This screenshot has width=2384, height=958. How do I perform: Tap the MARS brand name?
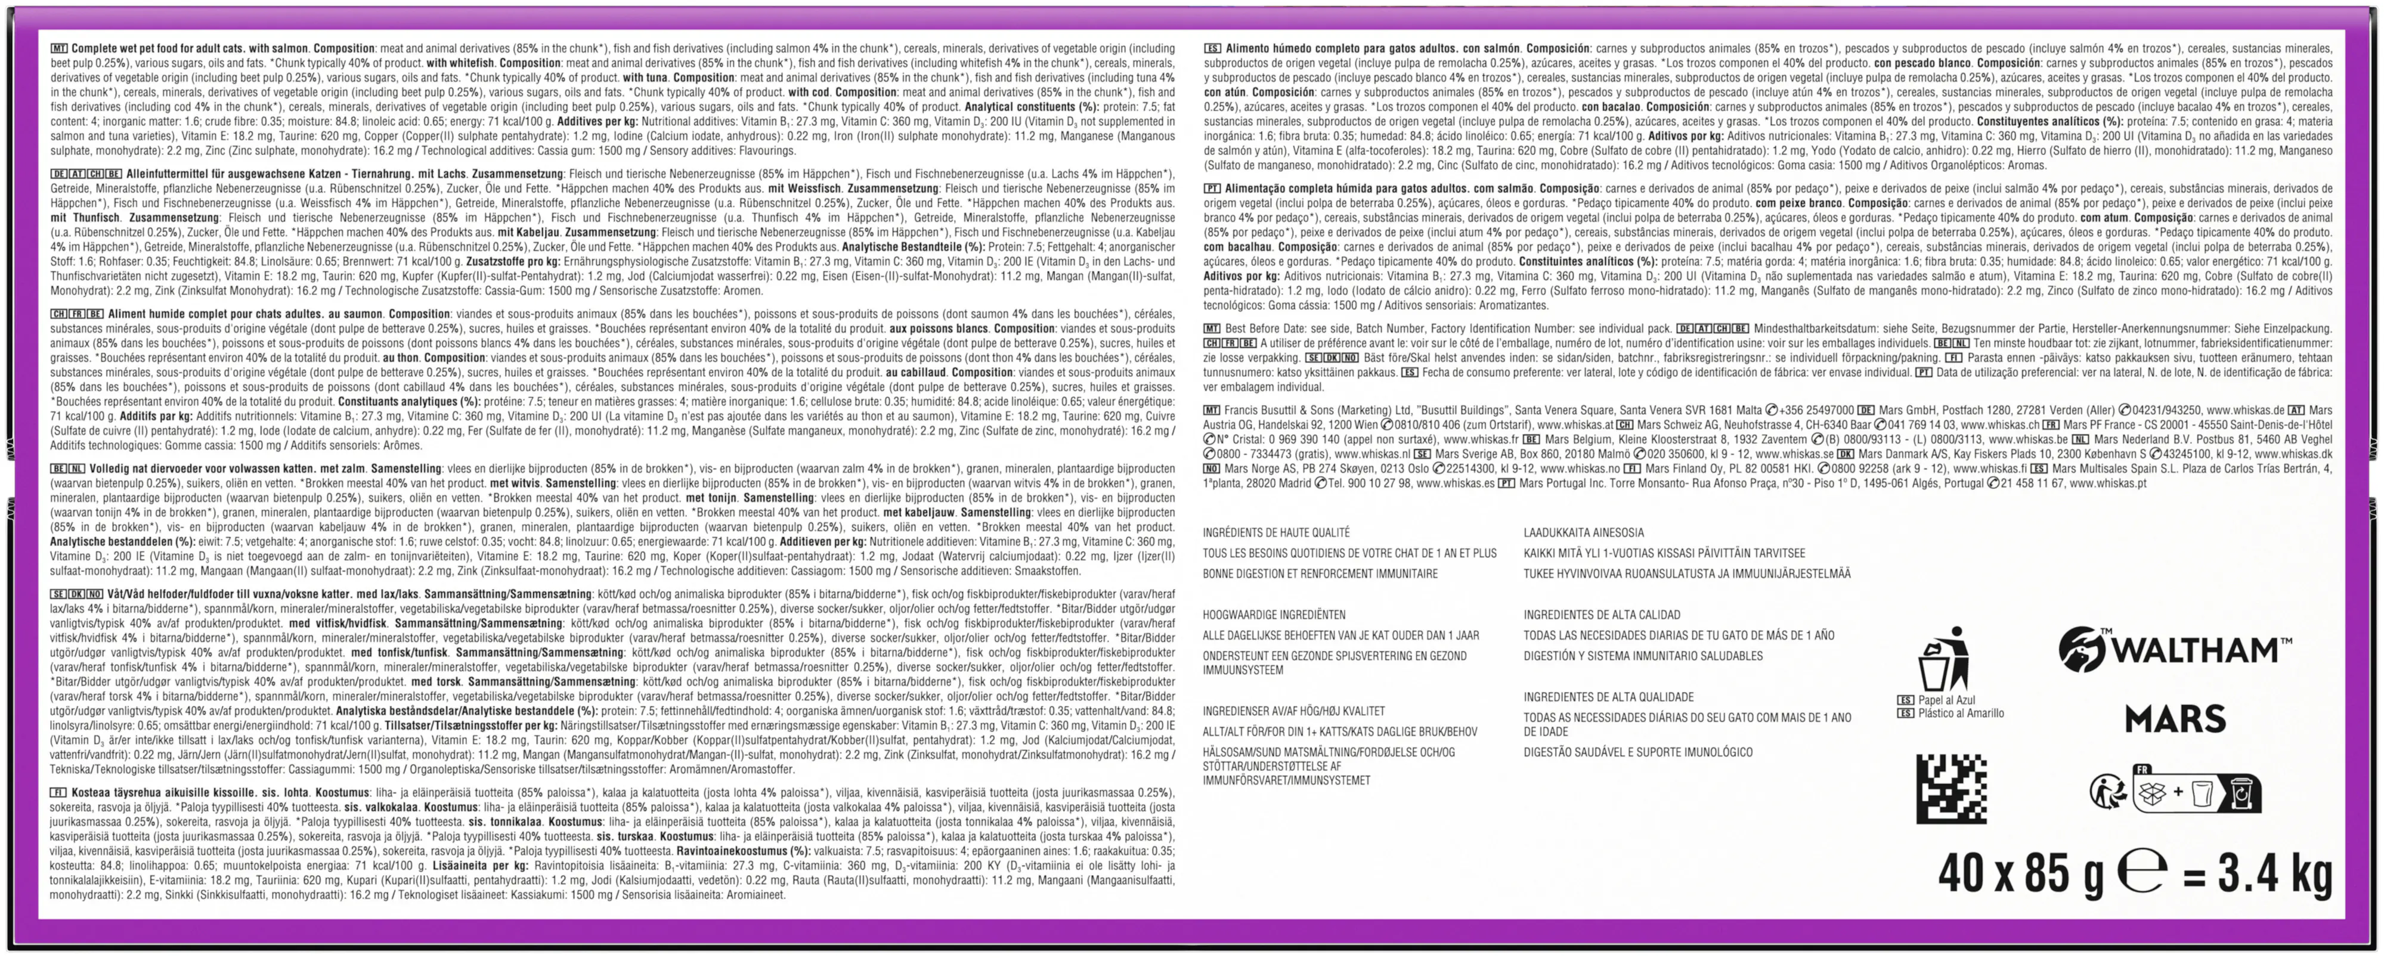point(2175,718)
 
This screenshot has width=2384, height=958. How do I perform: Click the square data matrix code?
point(1950,789)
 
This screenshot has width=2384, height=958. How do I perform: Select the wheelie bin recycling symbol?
point(2243,794)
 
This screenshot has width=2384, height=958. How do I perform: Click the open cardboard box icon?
point(2154,793)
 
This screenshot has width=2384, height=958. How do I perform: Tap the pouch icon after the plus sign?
point(2201,793)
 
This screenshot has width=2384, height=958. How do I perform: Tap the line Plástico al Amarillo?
point(1960,714)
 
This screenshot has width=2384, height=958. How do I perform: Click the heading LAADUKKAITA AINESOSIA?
point(1584,532)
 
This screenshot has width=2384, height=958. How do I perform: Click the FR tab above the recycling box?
point(2141,769)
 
